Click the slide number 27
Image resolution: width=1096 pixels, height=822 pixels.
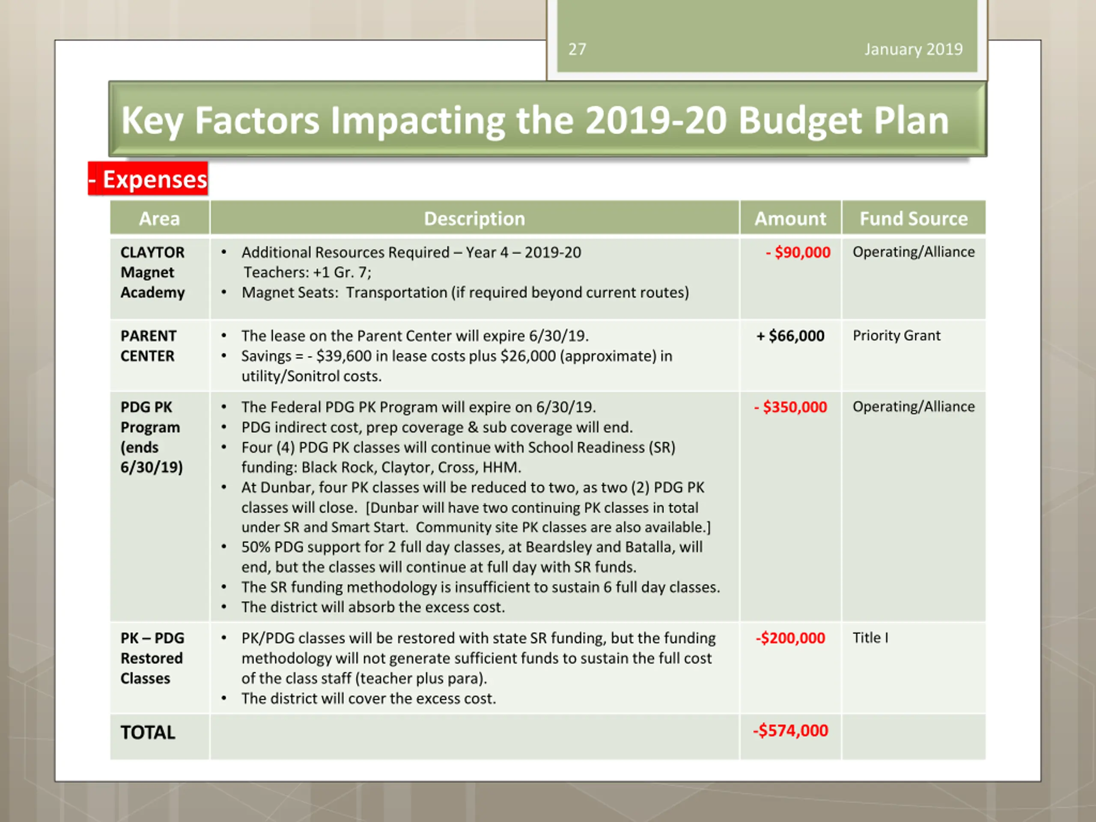577,49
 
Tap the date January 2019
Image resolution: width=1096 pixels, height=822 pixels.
913,49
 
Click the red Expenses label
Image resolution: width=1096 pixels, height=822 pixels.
149,179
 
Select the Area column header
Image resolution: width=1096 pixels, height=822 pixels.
159,218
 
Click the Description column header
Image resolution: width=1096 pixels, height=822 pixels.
474,218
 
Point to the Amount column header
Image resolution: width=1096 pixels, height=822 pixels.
790,218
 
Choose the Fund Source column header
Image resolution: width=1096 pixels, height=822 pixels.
913,218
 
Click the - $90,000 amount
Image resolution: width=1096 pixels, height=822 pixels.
798,252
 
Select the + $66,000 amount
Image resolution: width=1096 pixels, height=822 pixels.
790,336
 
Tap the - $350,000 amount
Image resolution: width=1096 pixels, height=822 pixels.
791,407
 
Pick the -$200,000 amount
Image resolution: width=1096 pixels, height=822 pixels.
790,637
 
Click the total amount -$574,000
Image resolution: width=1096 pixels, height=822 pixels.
790,730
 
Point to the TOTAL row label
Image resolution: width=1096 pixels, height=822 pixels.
148,733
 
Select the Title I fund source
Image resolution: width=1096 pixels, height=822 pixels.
870,637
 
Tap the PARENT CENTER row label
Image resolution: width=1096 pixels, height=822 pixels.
148,346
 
